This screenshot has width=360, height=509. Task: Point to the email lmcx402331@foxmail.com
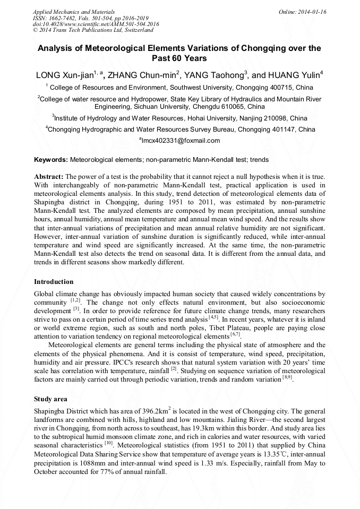coord(179,141)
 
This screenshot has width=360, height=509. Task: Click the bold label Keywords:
coord(51,160)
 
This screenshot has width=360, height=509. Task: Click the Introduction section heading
coord(54,281)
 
